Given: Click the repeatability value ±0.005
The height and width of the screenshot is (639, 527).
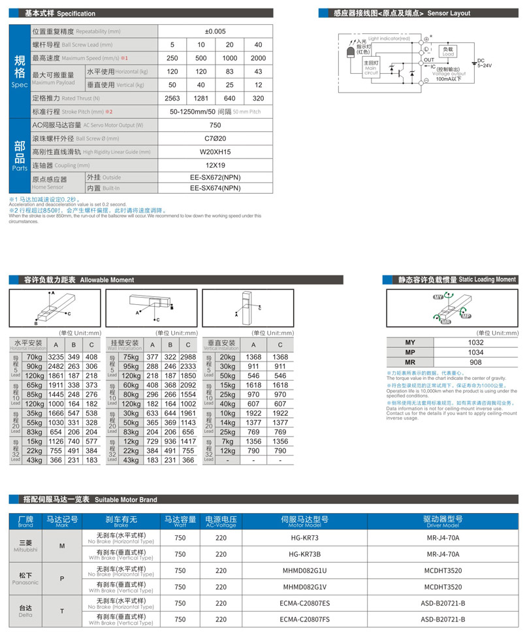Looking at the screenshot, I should (x=215, y=31).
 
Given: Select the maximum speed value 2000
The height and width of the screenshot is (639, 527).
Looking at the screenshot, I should (x=258, y=58).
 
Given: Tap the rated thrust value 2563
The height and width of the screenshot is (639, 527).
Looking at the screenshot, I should (x=172, y=98).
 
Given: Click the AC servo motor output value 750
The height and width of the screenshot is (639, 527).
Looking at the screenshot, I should (x=215, y=125).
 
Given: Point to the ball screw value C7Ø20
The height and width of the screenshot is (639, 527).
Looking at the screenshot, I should (x=215, y=138).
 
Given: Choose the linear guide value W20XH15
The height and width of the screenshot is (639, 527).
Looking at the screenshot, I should (x=215, y=152).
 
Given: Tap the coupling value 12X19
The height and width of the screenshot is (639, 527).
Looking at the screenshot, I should (x=215, y=165).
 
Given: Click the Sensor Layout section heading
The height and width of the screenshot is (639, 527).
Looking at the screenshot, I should (x=401, y=13).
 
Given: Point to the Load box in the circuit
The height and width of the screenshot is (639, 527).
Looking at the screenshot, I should (x=448, y=51).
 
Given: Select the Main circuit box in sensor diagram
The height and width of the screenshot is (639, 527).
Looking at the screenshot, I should (x=371, y=68).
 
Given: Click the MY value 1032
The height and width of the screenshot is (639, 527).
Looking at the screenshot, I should (x=475, y=343).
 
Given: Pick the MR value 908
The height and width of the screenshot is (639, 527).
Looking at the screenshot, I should (x=475, y=362).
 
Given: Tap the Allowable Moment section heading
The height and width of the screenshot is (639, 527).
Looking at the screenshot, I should (x=79, y=279).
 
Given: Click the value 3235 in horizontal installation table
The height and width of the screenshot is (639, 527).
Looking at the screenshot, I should (x=56, y=357).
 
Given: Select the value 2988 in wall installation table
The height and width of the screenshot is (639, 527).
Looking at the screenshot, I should (x=188, y=357).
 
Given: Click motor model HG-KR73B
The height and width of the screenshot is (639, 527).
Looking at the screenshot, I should (x=304, y=553).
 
